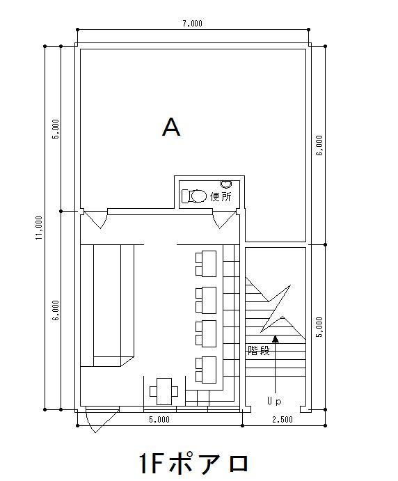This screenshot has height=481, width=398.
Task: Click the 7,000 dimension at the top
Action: point(192,24)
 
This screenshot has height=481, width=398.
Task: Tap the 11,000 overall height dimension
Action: point(39,228)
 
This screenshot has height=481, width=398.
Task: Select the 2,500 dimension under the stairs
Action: point(282,419)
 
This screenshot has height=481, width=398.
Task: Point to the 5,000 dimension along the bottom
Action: point(159,419)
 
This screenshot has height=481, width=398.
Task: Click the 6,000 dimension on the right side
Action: point(319,145)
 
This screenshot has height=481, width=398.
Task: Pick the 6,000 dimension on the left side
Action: point(56,310)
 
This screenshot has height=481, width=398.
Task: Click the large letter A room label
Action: point(171,127)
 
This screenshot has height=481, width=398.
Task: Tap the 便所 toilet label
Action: point(221,196)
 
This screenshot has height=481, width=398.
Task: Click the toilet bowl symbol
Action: point(194,196)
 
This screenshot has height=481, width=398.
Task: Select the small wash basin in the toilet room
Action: point(226,184)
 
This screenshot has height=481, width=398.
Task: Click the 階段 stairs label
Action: point(259,350)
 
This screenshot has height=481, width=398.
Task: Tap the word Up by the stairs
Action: point(274,401)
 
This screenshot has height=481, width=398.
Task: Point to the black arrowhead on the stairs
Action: point(276,339)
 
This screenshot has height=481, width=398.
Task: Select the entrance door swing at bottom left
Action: point(103,420)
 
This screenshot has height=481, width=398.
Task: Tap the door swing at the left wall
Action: point(95,219)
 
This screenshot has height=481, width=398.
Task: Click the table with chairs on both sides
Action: point(164,391)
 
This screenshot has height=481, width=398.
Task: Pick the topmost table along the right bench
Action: point(206,264)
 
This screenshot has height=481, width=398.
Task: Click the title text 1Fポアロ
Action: point(194,463)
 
